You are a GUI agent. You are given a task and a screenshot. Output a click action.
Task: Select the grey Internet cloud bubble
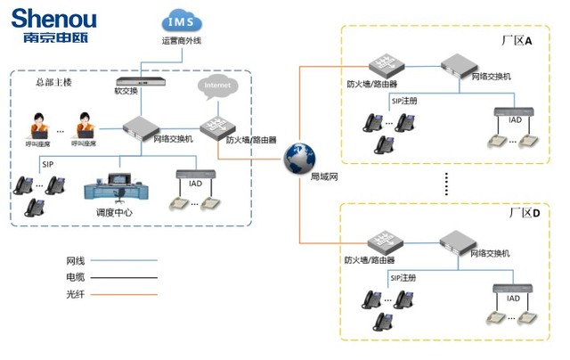coord(217,87)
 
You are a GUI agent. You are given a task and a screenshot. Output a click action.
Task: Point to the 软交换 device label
coord(127,90)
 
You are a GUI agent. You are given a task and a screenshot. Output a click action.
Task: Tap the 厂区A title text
coord(516,41)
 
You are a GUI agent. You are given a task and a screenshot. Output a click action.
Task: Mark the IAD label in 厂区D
coord(513,298)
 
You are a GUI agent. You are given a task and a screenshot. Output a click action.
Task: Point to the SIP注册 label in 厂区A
coord(406,102)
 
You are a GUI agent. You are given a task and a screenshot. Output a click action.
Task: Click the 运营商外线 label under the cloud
coord(181,40)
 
